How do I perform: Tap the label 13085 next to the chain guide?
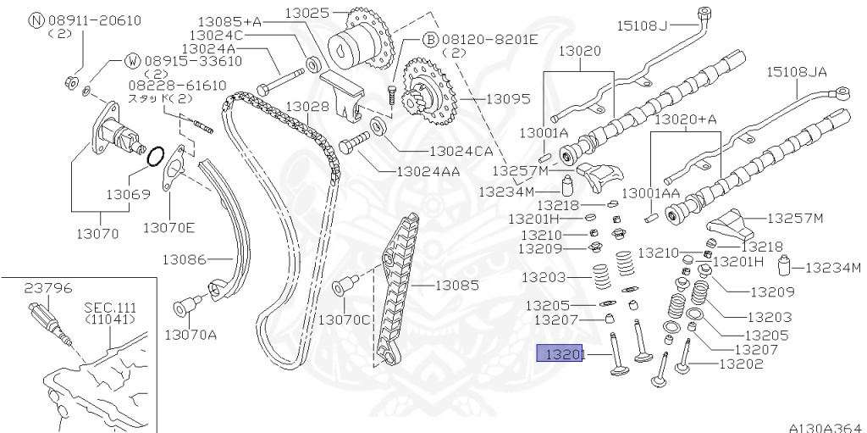pyautogui.click(x=457, y=286)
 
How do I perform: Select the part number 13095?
pyautogui.click(x=508, y=99)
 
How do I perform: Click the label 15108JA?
pyautogui.click(x=797, y=73)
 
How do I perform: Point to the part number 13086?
pyautogui.click(x=186, y=258)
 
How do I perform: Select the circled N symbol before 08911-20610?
pyautogui.click(x=36, y=20)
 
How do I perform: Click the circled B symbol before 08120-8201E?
pyautogui.click(x=429, y=40)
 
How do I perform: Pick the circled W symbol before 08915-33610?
pyautogui.click(x=132, y=61)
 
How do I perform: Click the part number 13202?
pyautogui.click(x=741, y=364)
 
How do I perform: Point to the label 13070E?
pyautogui.click(x=168, y=227)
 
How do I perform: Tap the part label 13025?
pyautogui.click(x=312, y=14)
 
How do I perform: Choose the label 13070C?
pyautogui.click(x=345, y=319)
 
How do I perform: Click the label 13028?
pyautogui.click(x=307, y=106)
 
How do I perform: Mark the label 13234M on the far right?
pyautogui.click(x=831, y=269)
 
